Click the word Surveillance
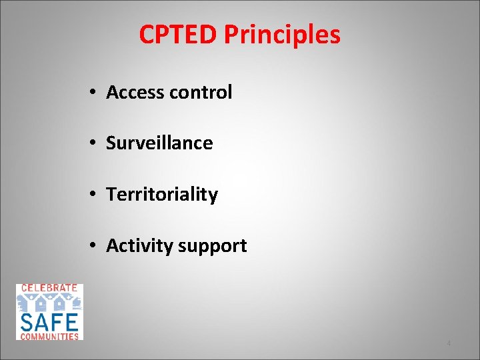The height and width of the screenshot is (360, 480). point(159,143)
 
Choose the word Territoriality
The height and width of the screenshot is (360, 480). point(162,195)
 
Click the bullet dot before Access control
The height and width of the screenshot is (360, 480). point(93,93)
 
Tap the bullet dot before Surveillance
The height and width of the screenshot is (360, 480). point(93,143)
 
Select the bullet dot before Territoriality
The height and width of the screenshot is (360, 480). point(93,195)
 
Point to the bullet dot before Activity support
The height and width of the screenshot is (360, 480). point(93,247)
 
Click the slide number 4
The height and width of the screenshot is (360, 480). point(449,343)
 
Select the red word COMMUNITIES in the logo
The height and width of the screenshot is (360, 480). point(49,336)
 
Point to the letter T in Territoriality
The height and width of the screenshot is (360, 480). point(111,195)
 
